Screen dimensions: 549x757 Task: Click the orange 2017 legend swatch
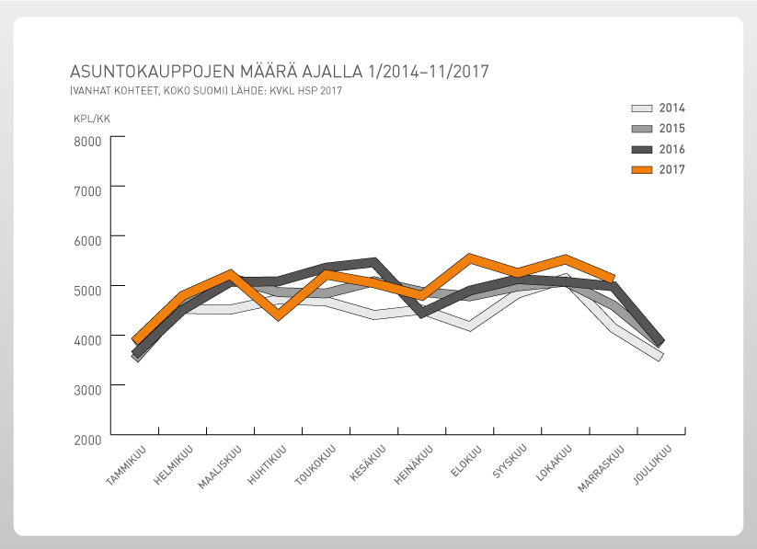point(642,169)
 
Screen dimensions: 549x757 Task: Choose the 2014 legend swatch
point(642,109)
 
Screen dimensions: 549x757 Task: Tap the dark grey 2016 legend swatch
point(642,149)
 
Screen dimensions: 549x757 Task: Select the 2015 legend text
point(672,129)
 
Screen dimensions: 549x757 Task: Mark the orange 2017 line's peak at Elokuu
point(470,257)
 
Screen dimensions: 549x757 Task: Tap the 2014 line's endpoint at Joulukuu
point(660,357)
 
